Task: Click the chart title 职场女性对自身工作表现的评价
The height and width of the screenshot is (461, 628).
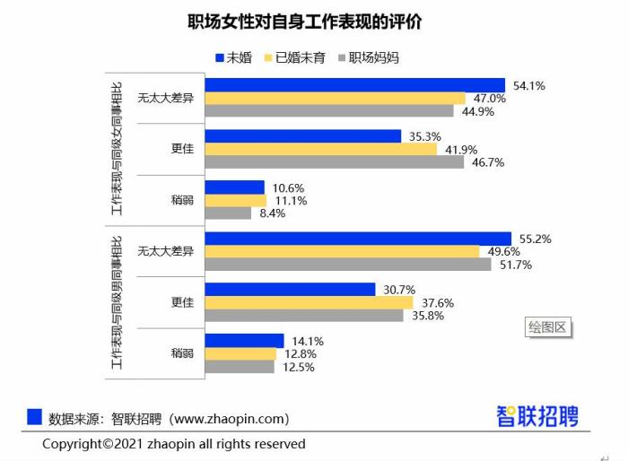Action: [305, 22]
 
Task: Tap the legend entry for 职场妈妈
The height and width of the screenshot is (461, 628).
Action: [368, 58]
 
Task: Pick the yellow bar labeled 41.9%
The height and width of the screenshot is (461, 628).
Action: [324, 150]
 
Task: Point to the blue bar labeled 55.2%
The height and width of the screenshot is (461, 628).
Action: [358, 239]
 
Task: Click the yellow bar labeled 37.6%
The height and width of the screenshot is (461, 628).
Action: [309, 302]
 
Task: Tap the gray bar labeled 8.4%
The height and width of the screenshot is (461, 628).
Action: [228, 213]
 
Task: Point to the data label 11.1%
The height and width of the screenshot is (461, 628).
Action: [290, 201]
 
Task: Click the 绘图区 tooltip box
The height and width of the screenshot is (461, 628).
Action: [548, 327]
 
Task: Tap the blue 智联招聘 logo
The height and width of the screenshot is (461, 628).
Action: [537, 416]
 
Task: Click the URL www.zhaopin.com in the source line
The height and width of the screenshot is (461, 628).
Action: [228, 419]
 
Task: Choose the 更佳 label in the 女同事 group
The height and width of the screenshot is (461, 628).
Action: [183, 149]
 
